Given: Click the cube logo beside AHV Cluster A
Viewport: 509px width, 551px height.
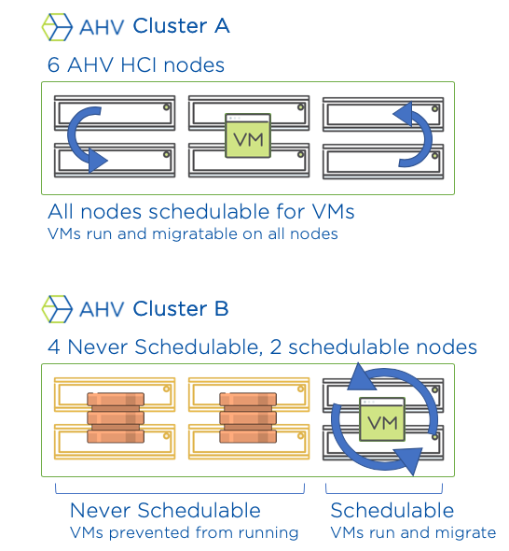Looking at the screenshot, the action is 57,27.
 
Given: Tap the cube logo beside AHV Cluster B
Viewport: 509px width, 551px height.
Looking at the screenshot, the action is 57,309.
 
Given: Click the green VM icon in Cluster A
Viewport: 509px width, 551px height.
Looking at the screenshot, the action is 248,135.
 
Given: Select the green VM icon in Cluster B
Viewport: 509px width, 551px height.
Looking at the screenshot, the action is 382,419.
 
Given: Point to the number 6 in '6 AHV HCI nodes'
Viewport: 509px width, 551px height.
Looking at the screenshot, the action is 54,65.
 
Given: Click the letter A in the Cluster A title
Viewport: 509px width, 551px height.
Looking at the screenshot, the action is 222,26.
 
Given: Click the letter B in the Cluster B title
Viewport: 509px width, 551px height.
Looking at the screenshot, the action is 221,308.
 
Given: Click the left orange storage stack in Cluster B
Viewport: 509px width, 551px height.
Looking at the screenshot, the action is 116,417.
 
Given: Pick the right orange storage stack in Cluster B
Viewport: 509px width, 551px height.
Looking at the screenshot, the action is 248,417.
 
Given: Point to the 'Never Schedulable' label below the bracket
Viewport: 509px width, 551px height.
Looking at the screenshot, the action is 165,510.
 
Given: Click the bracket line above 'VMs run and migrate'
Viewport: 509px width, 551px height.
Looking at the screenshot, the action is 384,493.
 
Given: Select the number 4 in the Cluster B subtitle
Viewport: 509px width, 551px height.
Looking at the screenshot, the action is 54,347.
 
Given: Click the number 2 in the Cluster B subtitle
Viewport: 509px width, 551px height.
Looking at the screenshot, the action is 276,347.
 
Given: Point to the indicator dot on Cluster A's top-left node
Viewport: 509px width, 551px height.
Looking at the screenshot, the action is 167,106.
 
